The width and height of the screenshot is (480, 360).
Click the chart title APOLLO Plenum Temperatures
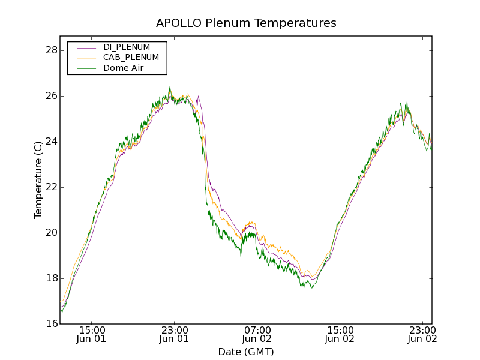tap(246, 23)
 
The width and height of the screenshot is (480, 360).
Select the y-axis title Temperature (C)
tap(38, 180)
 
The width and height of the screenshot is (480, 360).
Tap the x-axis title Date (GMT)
tap(246, 352)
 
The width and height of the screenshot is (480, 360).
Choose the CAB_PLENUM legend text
tap(131, 58)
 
